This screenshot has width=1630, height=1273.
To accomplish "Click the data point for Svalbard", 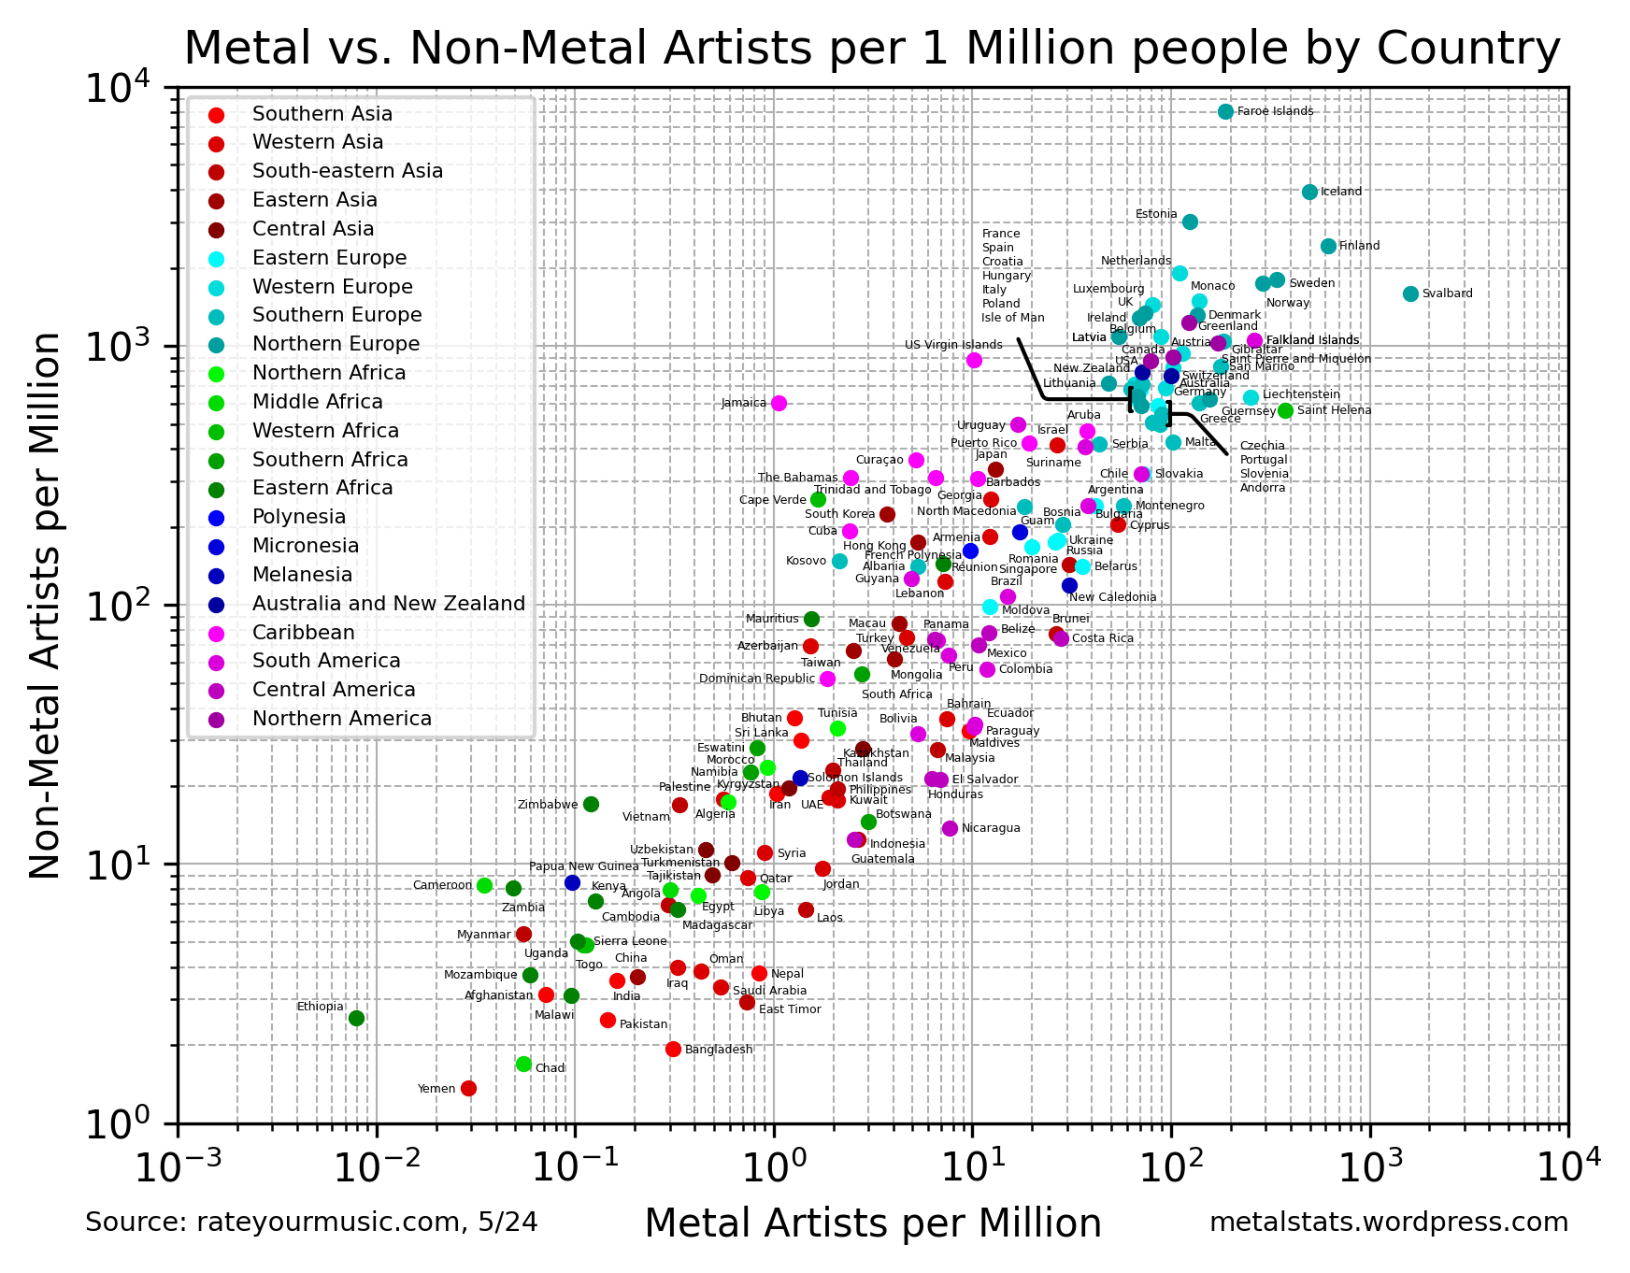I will (1410, 293).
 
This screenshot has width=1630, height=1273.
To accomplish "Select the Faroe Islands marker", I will (1226, 111).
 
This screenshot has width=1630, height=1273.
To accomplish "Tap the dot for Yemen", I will (468, 1088).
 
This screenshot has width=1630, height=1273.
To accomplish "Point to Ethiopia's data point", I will (356, 1018).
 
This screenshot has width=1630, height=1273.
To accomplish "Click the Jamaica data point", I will (779, 403).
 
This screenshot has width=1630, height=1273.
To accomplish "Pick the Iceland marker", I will (1309, 192).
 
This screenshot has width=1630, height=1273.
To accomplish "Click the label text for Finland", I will (1359, 246).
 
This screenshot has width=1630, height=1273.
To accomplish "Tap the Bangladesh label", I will (718, 1050).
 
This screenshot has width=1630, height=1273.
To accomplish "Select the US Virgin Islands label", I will (952, 345).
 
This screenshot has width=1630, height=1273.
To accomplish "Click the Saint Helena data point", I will (1285, 410).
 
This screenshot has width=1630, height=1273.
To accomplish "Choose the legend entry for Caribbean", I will (303, 633).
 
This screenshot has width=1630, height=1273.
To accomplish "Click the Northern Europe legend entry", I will (336, 344).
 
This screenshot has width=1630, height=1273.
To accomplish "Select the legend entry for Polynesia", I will (298, 517).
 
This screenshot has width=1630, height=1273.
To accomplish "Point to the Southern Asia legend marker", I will (216, 115).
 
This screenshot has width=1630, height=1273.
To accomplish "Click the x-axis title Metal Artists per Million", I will (872, 1223).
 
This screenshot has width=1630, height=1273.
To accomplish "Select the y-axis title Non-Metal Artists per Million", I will (45, 606).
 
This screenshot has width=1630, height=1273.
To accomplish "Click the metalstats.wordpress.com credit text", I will (1388, 1223).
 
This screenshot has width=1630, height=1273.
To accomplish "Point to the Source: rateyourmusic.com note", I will (311, 1223).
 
